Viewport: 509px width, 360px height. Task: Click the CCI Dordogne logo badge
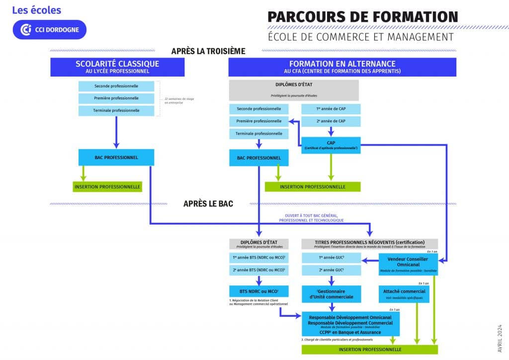coord(50,29)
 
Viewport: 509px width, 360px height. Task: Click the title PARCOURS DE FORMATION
coord(363,16)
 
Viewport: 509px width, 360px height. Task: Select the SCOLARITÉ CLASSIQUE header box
coord(117,67)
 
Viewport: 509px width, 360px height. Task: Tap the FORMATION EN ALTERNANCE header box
coord(342,67)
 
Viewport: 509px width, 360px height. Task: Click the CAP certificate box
coord(331,145)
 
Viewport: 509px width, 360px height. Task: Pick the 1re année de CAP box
coord(331,108)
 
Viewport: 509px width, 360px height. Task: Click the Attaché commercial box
coord(404,293)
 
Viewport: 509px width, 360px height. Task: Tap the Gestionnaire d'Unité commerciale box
coord(331,293)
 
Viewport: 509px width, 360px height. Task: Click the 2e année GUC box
coord(331,270)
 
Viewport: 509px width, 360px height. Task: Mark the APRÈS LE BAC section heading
coord(208,203)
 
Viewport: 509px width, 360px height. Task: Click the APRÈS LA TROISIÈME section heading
coord(208,51)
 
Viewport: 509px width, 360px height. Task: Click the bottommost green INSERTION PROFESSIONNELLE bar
coord(369,349)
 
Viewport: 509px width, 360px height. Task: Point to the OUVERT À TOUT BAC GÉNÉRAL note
coord(311,218)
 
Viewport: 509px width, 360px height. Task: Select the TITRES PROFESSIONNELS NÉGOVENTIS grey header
coord(370,243)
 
